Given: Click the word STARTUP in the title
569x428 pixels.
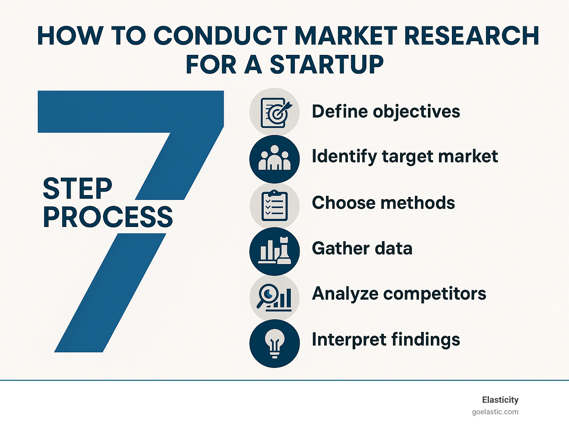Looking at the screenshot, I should (326, 65).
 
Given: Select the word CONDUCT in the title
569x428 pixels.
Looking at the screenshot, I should (220, 36).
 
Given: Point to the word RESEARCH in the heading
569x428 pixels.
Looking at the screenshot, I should (471, 36).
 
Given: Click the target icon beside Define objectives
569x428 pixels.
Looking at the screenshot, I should (274, 112).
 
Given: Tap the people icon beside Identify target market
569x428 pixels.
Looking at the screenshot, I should (274, 159).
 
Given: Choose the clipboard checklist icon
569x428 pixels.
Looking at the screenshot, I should (274, 205).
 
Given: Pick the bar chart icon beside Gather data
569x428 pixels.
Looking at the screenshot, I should (274, 251).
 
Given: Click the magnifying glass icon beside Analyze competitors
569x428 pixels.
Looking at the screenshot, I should (274, 297).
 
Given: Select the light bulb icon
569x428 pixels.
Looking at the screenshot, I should (274, 343).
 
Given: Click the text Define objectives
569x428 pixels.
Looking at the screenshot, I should (386, 112).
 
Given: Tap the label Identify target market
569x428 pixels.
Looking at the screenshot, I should (405, 157).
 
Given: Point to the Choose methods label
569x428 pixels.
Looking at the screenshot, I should (383, 203).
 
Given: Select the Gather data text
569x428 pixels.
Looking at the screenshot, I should (362, 248).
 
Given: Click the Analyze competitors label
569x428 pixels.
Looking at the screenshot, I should (399, 294).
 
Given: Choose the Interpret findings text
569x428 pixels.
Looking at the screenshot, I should (386, 340).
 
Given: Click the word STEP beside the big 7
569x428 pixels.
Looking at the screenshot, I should (77, 188).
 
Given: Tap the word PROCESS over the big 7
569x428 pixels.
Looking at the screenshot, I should (108, 217).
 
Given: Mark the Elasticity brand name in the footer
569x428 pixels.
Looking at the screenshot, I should (500, 400).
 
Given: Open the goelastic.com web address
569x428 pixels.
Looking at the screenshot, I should (495, 412).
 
